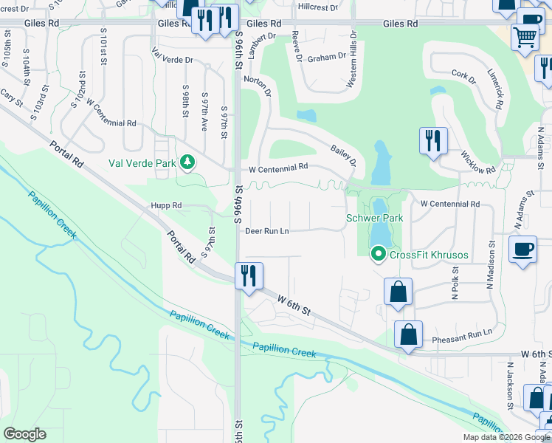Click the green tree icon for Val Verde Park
[x=188, y=162]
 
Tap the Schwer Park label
[x=375, y=219]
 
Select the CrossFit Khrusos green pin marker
[x=379, y=255]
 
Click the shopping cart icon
[x=525, y=35]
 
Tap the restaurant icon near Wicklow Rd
[x=432, y=140]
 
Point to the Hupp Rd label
[x=167, y=206]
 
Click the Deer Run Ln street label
[x=267, y=231]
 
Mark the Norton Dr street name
[x=258, y=87]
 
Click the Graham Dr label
[x=327, y=57]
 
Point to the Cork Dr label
[x=464, y=74]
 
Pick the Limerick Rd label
[x=494, y=89]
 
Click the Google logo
[x=24, y=434]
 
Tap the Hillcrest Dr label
[x=317, y=7]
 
